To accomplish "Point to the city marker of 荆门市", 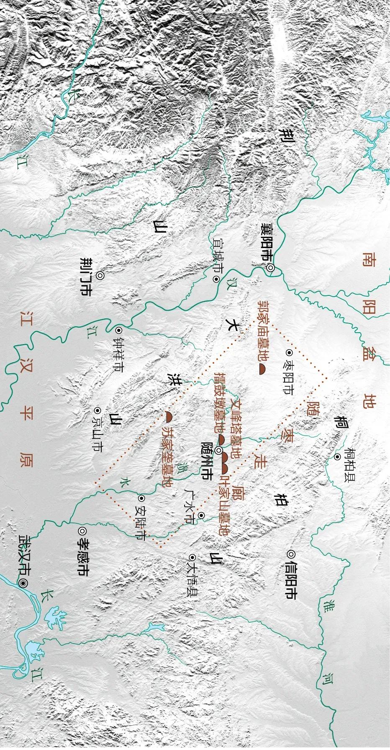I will [100, 275].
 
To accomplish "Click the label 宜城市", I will [218, 255].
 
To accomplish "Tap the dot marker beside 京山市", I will [98, 411].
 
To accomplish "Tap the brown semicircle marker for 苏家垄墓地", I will [169, 416].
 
